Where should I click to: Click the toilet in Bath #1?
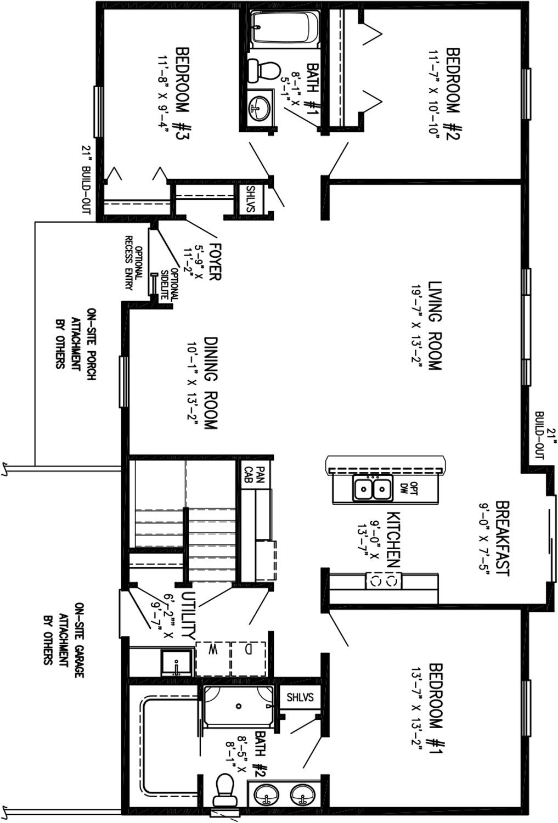pos(263,71)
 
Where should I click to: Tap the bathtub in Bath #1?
pos(285,29)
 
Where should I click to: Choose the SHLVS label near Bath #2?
pos(301,697)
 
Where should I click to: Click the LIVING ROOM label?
pos(435,325)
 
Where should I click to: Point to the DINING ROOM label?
pos(211,384)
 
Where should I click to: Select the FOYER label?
pos(215,261)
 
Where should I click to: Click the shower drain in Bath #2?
pos(239,706)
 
